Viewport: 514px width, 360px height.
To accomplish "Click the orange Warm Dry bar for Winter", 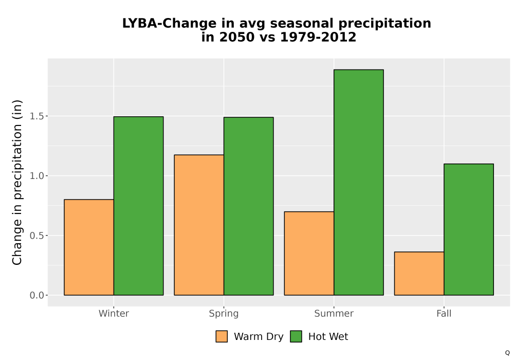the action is coord(89,247).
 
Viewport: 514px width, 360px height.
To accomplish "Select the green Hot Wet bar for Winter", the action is coord(138,206).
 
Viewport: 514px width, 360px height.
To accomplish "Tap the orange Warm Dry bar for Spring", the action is coord(199,225).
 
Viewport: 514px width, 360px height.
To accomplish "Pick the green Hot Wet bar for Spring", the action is coord(248,206).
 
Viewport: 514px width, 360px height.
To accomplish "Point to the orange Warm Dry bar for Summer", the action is coord(309,254).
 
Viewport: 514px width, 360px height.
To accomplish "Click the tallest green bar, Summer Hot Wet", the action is coord(359,182).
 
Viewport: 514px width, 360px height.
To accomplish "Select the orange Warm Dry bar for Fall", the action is coord(419,274).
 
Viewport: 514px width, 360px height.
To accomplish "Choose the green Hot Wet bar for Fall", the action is coord(469,229).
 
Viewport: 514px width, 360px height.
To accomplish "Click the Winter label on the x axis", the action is coord(114,313).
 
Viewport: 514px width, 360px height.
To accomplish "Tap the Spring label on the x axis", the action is coord(224,314).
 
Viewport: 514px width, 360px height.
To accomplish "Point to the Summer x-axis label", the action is coord(334,313).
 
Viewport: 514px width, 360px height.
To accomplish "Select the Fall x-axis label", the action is coord(444,313).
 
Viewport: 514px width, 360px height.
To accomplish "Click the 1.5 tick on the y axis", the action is coord(36,116).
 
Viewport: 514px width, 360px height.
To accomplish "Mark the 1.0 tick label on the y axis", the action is coord(36,176).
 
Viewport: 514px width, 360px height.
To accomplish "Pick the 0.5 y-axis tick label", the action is coord(36,236).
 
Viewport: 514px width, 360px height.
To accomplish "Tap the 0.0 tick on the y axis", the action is coord(36,295).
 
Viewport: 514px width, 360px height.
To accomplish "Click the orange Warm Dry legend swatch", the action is coord(222,336).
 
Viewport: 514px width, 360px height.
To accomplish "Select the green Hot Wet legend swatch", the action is coord(296,336).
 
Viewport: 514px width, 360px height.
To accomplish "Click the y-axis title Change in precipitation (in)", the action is coord(17,182).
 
